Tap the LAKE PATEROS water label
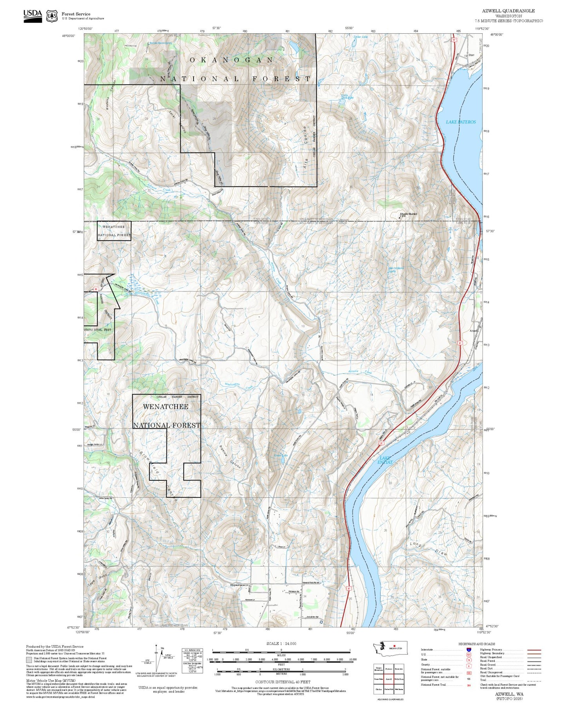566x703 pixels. click(x=461, y=122)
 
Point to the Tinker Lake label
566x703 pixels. click(x=360, y=37)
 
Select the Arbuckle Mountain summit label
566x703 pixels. click(x=408, y=214)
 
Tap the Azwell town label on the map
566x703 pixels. click(x=474, y=331)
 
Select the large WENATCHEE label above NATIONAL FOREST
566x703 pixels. click(x=165, y=407)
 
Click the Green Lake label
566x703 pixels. click(x=280, y=455)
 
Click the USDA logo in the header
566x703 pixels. click(x=33, y=16)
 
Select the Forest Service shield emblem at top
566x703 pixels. click(x=51, y=16)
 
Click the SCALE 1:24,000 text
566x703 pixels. click(x=281, y=643)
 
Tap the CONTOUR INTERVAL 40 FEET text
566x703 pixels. click(x=282, y=682)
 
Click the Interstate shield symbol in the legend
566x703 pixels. click(x=469, y=649)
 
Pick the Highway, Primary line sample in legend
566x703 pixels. click(x=534, y=650)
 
